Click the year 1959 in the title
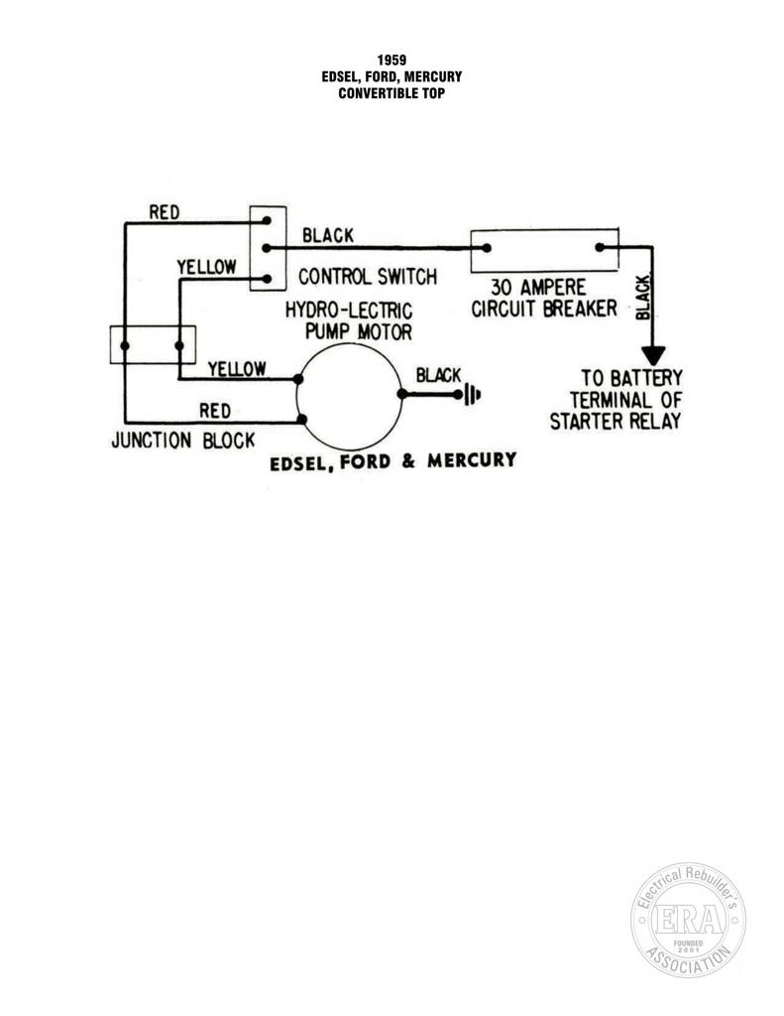click(x=392, y=61)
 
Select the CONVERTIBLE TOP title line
click(x=392, y=93)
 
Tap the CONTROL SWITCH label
click(x=367, y=277)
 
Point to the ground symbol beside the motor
click(x=473, y=394)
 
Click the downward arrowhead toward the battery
click(x=653, y=355)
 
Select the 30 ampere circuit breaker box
click(x=544, y=250)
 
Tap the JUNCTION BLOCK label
click(x=183, y=441)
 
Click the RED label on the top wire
click(x=165, y=212)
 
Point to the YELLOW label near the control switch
click(x=206, y=267)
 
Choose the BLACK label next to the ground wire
click(x=438, y=375)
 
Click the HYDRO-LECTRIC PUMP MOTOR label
click(x=349, y=320)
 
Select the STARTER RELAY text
click(x=616, y=421)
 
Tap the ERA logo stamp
click(x=688, y=920)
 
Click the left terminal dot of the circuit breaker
click(x=487, y=248)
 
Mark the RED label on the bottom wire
click(x=215, y=411)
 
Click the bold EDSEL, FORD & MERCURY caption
click(x=392, y=461)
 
